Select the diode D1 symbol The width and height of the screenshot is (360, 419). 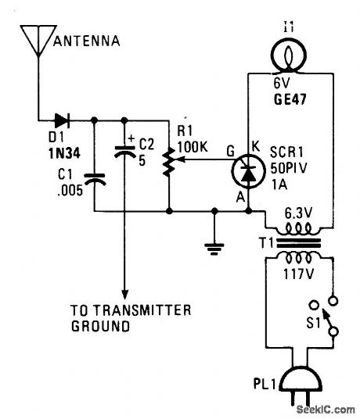pos(63,120)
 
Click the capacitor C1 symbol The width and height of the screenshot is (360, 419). pos(95,181)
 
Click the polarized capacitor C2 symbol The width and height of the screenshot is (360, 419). pos(123,152)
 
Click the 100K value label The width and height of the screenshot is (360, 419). pos(191,145)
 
